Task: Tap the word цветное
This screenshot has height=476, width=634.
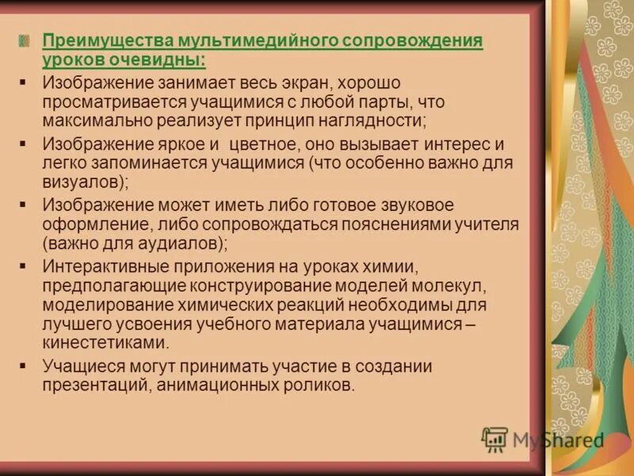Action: pyautogui.click(x=265, y=145)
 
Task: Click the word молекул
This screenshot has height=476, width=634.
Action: pyautogui.click(x=425, y=285)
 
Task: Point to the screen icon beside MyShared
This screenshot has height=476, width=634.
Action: pyautogui.click(x=495, y=439)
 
